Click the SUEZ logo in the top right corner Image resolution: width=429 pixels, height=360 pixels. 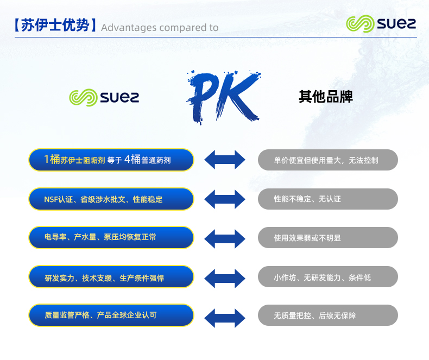point(381,24)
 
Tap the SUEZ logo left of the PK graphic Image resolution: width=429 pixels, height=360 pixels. point(104,97)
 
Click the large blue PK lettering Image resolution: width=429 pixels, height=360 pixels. point(223,96)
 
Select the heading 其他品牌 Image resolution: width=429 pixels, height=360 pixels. point(325,97)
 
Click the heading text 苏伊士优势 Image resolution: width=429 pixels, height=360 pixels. point(55,26)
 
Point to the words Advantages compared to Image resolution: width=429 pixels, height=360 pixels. point(160,28)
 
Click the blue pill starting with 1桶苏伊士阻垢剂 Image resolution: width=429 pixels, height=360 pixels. point(111,160)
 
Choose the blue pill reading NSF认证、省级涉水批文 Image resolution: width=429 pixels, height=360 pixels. point(111,199)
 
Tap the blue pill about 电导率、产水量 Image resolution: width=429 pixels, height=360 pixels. point(111,238)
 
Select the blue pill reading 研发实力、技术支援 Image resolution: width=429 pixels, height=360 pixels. point(111,277)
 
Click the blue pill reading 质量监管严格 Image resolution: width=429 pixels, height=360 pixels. point(111,315)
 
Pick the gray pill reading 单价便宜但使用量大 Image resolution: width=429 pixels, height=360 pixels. point(327,160)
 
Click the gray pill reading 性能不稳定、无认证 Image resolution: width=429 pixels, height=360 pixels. point(327,199)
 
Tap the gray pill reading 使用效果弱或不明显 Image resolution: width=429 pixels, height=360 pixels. point(327,238)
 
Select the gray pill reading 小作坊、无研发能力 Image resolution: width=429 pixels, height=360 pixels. point(327,277)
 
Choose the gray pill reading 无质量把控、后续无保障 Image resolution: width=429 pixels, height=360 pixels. point(327,315)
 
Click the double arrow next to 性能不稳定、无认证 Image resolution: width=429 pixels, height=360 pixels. point(225,199)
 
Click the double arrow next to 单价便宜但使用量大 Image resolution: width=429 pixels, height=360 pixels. point(225,160)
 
